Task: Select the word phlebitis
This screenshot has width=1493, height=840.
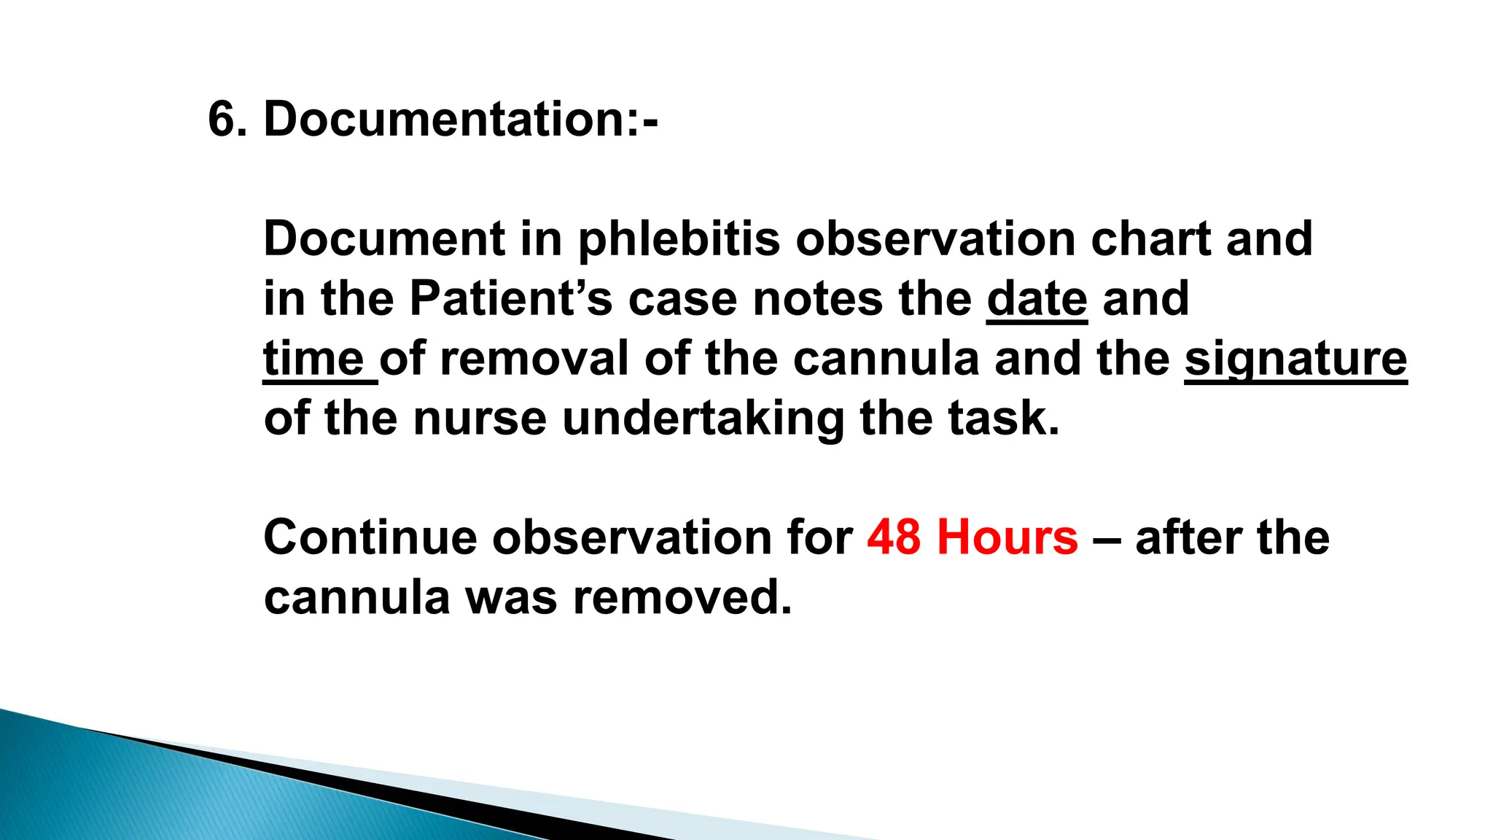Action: pyautogui.click(x=679, y=239)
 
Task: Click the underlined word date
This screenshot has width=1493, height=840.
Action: pyautogui.click(x=1037, y=299)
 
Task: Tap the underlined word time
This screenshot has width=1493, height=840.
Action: pyautogui.click(x=314, y=359)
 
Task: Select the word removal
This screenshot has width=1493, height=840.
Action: pyautogui.click(x=534, y=359)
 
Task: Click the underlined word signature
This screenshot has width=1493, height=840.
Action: pyautogui.click(x=1295, y=359)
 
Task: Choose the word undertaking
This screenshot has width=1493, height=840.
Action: pyautogui.click(x=703, y=419)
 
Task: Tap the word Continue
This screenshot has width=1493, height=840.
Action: pyautogui.click(x=370, y=538)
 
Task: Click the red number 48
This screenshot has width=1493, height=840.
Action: pyautogui.click(x=894, y=538)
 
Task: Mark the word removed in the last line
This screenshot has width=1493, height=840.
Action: pyautogui.click(x=682, y=598)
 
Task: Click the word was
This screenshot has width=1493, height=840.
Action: pyautogui.click(x=511, y=598)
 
